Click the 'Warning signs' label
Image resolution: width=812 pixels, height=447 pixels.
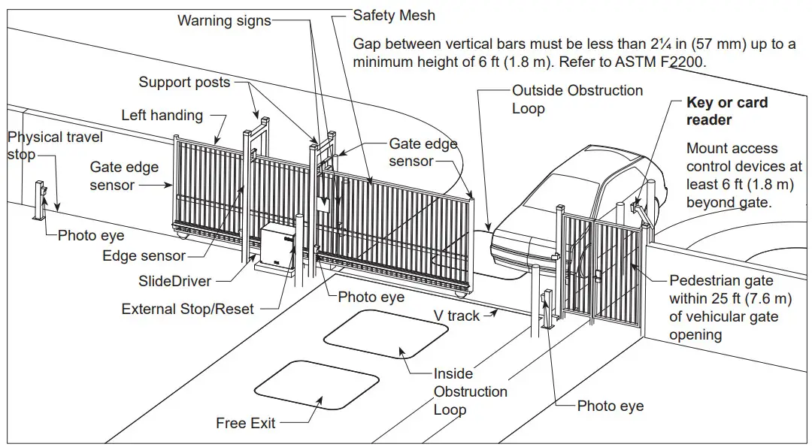[223, 20]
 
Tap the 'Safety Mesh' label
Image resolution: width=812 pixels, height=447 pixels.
[394, 15]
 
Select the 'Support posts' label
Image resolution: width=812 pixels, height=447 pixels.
[184, 82]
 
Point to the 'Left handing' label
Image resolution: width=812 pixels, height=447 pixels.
[162, 115]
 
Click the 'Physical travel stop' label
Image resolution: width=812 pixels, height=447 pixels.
[54, 146]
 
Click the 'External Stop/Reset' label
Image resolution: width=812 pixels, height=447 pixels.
[188, 309]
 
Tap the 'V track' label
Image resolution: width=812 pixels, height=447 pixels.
[456, 316]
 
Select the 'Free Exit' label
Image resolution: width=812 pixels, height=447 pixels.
[245, 423]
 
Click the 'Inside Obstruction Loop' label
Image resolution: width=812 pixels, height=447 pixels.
[470, 391]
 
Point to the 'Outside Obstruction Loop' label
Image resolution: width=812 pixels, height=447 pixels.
[577, 99]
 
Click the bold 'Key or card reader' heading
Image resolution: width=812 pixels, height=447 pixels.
[726, 111]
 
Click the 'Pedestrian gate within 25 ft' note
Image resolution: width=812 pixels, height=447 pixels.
[730, 308]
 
